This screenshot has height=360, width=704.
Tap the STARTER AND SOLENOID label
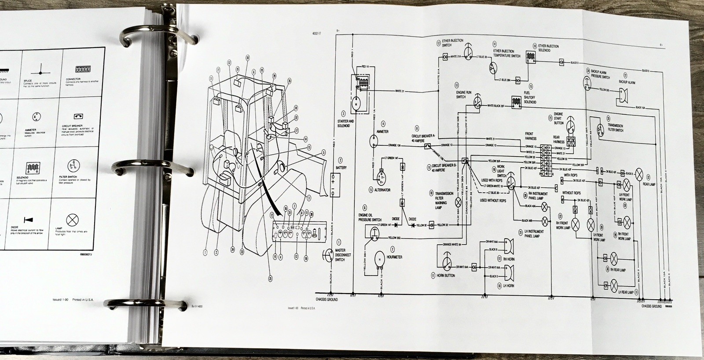(x=345, y=123)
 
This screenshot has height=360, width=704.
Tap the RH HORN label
(x=508, y=259)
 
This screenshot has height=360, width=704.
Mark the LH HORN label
(x=508, y=286)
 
